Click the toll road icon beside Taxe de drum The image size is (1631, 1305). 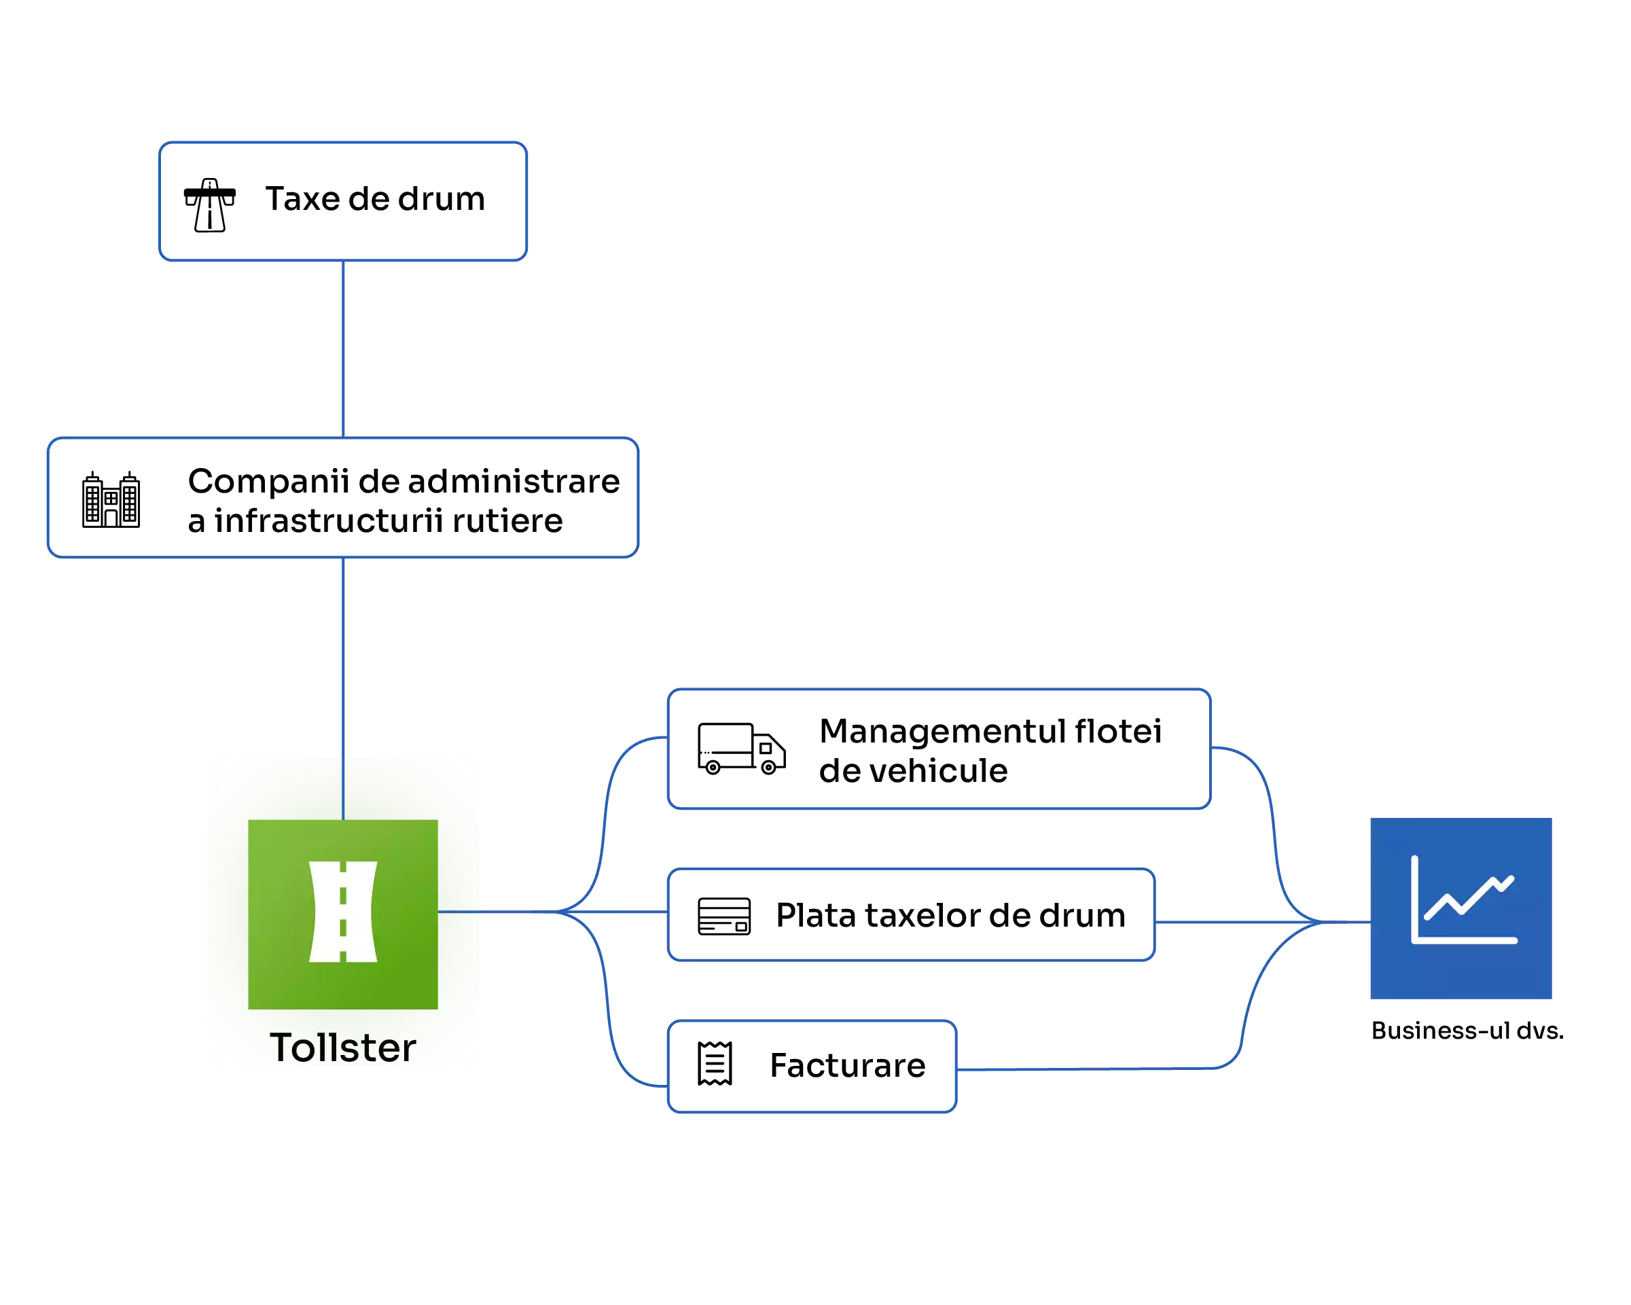pyautogui.click(x=209, y=205)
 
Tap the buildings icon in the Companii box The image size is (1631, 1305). pyautogui.click(x=111, y=499)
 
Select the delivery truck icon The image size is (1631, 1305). pyautogui.click(x=740, y=749)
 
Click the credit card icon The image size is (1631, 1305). pyautogui.click(x=724, y=916)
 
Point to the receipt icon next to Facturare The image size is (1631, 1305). pyautogui.click(x=715, y=1064)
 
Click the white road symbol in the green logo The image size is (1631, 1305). pyautogui.click(x=342, y=912)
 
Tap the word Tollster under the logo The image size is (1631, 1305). pyautogui.click(x=342, y=1048)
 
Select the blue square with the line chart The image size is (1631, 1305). pyautogui.click(x=1460, y=908)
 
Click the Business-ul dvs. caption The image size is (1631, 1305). pyautogui.click(x=1467, y=1031)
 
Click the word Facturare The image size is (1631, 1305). pyautogui.click(x=847, y=1065)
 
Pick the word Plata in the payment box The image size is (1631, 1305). pyautogui.click(x=815, y=915)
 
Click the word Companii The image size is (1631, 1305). pyautogui.click(x=268, y=481)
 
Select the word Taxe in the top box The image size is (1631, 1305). pyautogui.click(x=302, y=199)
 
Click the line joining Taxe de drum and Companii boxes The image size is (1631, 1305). pyautogui.click(x=344, y=348)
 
